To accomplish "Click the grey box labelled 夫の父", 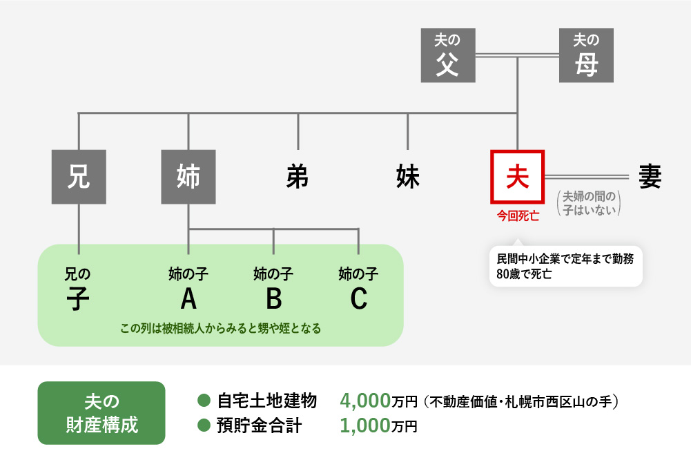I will [448, 55].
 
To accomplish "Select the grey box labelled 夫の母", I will [586, 55].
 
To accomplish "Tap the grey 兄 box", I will [79, 178].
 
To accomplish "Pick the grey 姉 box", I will [188, 178].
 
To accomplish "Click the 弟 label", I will [298, 178].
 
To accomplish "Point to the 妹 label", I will [407, 178].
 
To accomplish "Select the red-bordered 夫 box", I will [517, 178].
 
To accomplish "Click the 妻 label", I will [649, 178].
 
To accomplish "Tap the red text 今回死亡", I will [518, 215].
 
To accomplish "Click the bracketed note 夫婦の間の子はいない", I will [588, 204].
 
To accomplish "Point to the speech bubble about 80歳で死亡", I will [565, 266].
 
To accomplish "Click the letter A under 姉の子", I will [188, 298].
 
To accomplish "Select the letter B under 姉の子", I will [273, 298].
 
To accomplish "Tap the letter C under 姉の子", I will [358, 298].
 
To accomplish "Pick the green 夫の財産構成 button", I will [101, 413].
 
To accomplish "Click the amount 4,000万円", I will [379, 401].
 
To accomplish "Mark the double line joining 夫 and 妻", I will [586, 177].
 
